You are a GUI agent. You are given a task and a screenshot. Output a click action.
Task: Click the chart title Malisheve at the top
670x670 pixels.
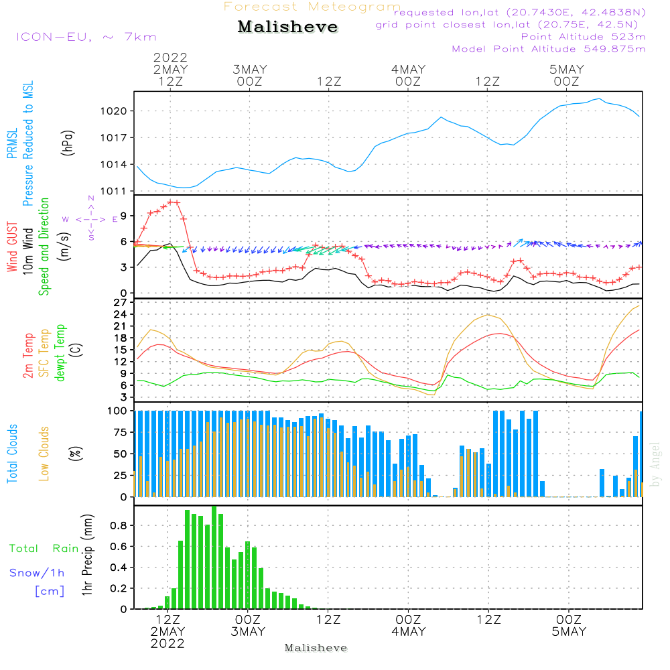click(x=288, y=27)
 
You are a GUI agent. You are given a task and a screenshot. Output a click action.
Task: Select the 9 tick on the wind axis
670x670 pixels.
click(x=124, y=215)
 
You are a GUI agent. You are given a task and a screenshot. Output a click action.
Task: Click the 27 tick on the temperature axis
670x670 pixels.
click(x=121, y=303)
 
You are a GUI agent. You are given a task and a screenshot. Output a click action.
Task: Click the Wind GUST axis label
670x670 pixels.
click(x=13, y=249)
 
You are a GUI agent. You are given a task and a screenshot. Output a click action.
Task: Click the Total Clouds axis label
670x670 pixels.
click(x=13, y=454)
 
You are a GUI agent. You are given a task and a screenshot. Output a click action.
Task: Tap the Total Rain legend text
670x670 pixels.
click(x=44, y=549)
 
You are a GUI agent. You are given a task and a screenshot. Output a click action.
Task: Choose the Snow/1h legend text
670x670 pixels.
click(x=38, y=573)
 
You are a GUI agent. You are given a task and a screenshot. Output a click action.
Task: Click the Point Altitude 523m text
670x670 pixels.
click(x=583, y=37)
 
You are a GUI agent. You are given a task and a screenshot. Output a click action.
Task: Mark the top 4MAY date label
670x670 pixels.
click(x=409, y=70)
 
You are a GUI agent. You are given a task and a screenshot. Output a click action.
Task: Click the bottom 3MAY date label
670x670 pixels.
click(x=248, y=632)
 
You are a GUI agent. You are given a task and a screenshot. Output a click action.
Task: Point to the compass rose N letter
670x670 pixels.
click(x=91, y=198)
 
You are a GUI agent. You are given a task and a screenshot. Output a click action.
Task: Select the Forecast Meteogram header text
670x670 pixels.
click(x=312, y=7)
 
